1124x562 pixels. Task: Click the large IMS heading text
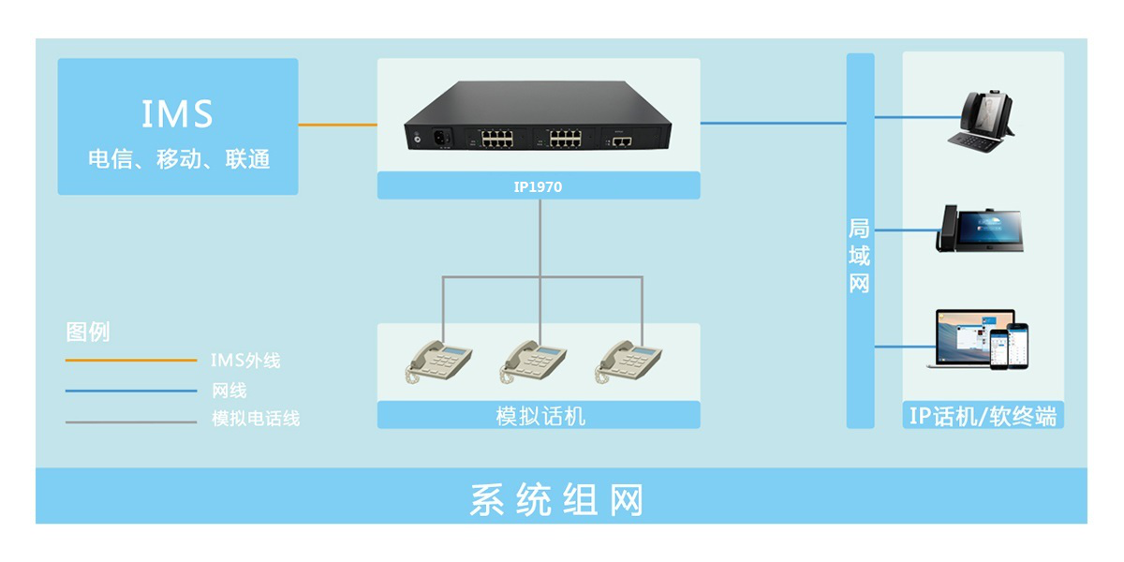click(177, 114)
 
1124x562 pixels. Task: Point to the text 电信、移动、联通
click(179, 159)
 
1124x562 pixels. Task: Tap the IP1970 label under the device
click(538, 187)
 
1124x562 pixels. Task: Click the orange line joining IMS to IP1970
click(338, 125)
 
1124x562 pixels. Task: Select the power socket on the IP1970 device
click(440, 138)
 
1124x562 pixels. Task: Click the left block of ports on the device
click(496, 139)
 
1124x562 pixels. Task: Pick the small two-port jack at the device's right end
click(622, 141)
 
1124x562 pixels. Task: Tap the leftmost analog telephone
click(438, 362)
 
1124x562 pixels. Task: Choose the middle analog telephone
click(533, 362)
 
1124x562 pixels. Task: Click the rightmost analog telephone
click(629, 362)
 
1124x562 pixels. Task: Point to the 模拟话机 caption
click(540, 416)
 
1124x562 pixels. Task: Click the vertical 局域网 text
click(859, 256)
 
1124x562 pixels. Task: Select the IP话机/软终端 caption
click(983, 416)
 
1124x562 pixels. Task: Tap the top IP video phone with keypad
click(981, 121)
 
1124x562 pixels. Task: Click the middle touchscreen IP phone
click(980, 229)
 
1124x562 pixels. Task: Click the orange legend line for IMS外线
click(131, 360)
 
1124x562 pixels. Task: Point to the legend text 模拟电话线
click(256, 419)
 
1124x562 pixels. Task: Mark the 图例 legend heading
click(88, 332)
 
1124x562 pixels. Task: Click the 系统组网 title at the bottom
click(556, 499)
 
